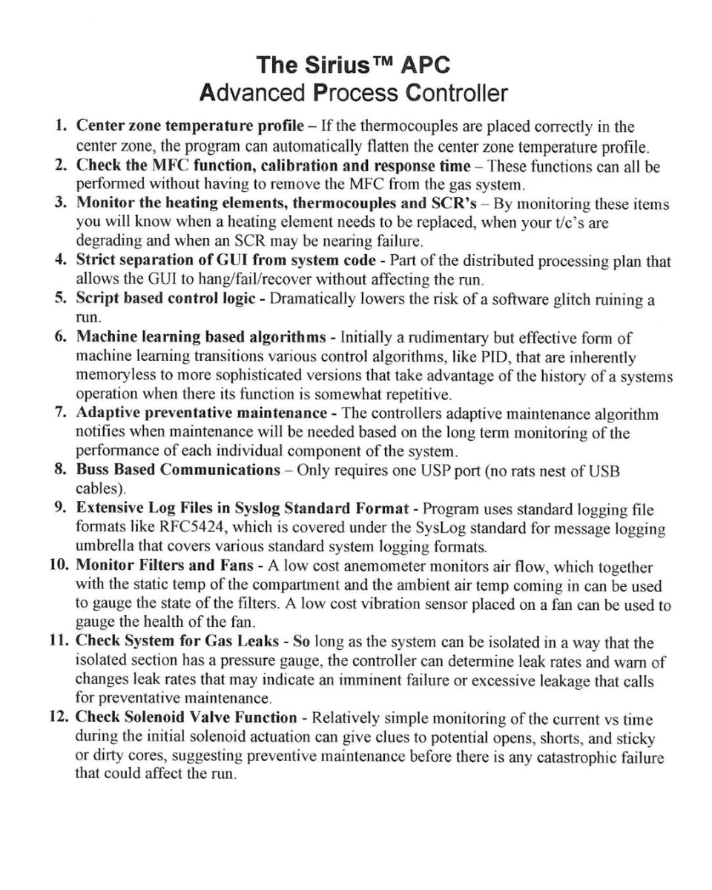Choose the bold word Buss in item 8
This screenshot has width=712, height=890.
point(95,470)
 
